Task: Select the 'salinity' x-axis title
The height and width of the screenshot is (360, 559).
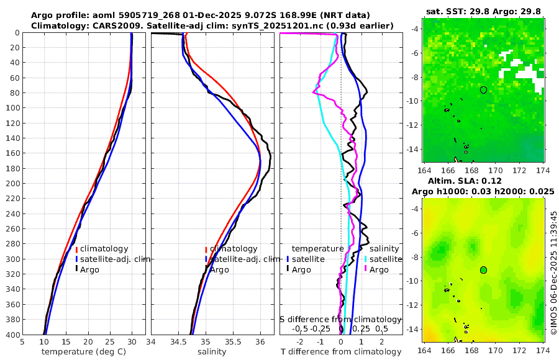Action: (211, 352)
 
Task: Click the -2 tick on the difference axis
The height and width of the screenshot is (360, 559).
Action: (301, 341)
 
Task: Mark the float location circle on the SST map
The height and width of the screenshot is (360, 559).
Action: (483, 90)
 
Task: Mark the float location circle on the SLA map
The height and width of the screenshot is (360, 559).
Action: (484, 270)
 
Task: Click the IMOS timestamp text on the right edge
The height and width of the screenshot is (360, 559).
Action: (553, 273)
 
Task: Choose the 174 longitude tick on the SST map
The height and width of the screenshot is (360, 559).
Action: (543, 169)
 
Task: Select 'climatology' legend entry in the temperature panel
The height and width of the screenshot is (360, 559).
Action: (107, 249)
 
